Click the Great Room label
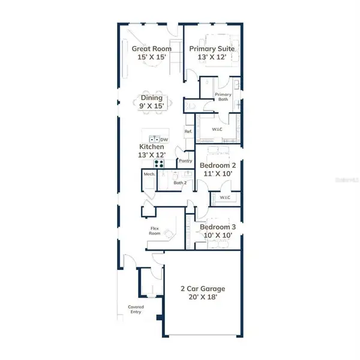tap(151, 49)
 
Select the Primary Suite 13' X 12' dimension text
tap(211, 57)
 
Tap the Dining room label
tap(152, 97)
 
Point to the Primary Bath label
tap(223, 97)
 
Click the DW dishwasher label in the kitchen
tap(163, 139)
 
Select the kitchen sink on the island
tap(154, 139)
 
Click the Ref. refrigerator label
tap(188, 133)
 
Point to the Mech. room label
tap(149, 174)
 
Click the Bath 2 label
tap(179, 182)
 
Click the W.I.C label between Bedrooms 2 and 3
tap(225, 197)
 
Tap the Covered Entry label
tap(136, 309)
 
